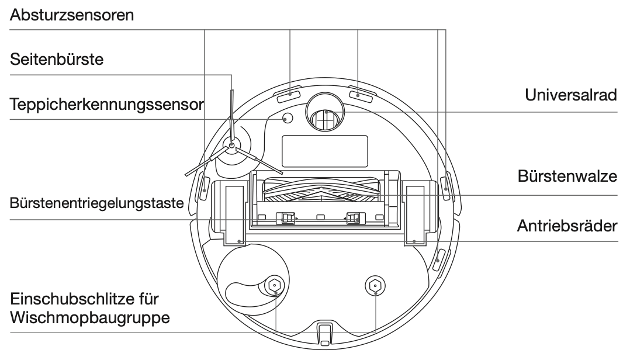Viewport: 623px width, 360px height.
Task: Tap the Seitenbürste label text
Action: [57, 60]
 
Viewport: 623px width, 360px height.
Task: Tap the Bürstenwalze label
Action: [567, 176]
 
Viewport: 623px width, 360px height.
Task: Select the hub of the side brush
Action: [231, 145]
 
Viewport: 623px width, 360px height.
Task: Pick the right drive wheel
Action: [415, 213]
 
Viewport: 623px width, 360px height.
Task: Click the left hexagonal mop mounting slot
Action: [275, 285]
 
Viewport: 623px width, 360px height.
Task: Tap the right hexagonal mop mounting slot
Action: [375, 285]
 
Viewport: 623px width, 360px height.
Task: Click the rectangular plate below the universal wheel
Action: [325, 151]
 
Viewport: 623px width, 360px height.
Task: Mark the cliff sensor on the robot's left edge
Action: [205, 187]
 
